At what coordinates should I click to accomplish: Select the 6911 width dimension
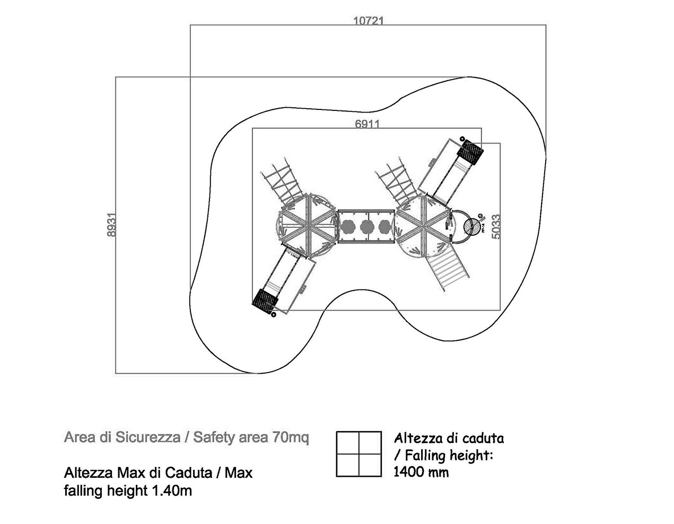[x=367, y=124]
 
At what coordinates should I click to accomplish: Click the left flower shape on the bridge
[x=348, y=227]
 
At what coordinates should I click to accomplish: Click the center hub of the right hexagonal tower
[x=424, y=227]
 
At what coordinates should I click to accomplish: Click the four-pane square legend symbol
[x=359, y=454]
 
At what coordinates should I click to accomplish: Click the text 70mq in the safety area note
[x=290, y=438]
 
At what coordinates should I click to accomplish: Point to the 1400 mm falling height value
[x=421, y=472]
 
